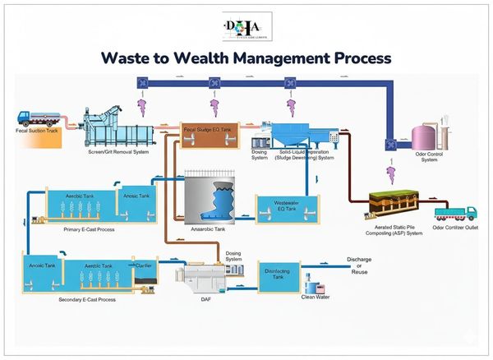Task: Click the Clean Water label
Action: pos(316,297)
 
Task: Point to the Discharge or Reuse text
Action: pos(358,266)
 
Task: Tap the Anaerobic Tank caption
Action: pos(207,230)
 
